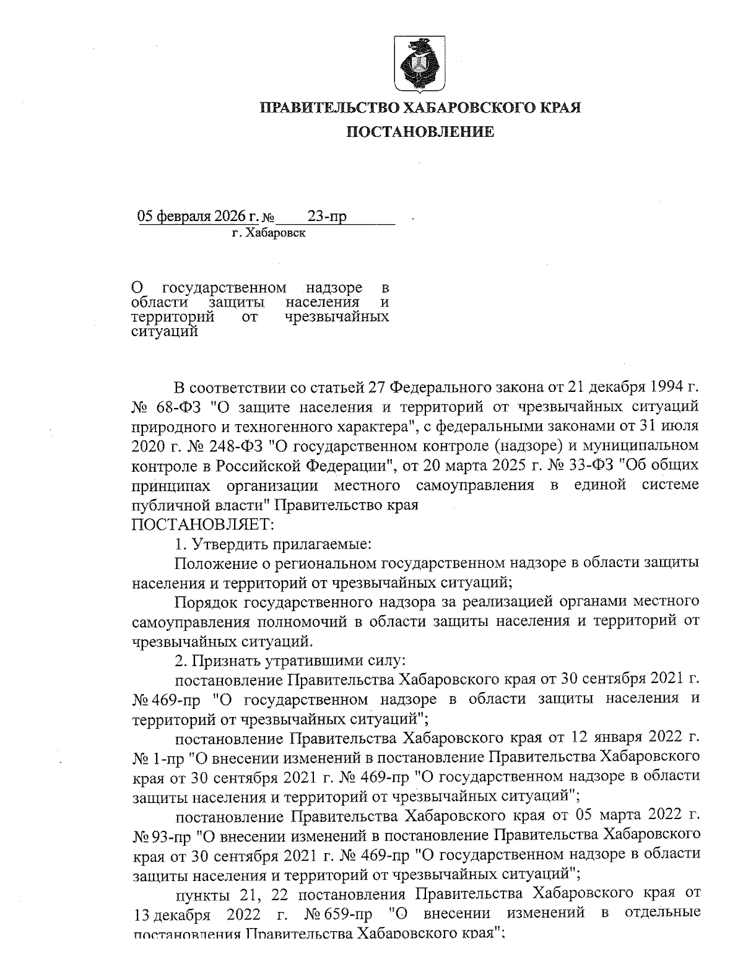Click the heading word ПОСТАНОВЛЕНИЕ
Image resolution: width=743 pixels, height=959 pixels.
pyautogui.click(x=419, y=131)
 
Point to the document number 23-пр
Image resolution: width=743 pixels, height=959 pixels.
pyautogui.click(x=327, y=216)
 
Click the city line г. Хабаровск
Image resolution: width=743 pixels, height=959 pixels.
pyautogui.click(x=269, y=233)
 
